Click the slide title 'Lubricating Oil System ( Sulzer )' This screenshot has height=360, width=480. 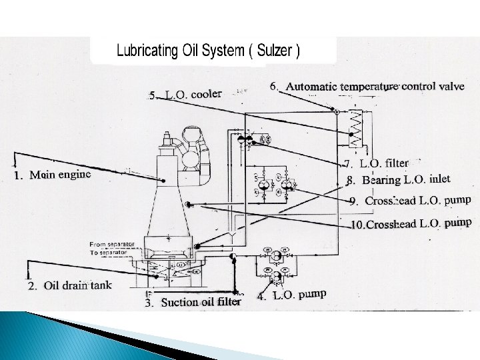coord(209,51)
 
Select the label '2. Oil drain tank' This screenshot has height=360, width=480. coord(69,286)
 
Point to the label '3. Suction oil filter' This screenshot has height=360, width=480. coord(193,302)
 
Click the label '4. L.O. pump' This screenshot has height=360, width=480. coord(291,295)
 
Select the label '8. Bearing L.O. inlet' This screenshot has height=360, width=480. coord(398,179)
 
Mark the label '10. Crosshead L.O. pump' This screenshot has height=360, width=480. coord(411,223)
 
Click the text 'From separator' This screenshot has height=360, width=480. coord(111,244)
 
